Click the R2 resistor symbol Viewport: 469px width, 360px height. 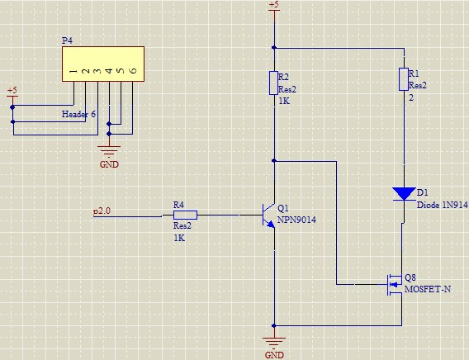click(x=273, y=83)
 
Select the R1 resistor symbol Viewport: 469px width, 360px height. click(x=404, y=79)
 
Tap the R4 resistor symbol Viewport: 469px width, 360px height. click(x=185, y=215)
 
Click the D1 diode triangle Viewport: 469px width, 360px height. click(x=404, y=194)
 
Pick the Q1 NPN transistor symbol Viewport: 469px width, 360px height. click(x=269, y=216)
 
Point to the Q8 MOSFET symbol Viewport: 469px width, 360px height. click(x=395, y=285)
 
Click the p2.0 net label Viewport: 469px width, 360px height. click(x=102, y=211)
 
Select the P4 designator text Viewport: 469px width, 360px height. click(x=67, y=40)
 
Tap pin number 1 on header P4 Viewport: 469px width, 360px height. click(x=73, y=71)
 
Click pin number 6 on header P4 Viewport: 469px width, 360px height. click(x=133, y=70)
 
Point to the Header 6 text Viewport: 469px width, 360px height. click(x=78, y=114)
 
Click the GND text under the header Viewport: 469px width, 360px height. click(x=109, y=164)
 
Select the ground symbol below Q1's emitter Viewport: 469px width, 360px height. click(x=273, y=341)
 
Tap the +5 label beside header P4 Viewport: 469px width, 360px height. click(x=12, y=90)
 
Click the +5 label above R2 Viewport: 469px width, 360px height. click(x=274, y=4)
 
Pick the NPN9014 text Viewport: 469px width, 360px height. click(x=296, y=220)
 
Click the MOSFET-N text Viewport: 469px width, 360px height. click(x=428, y=289)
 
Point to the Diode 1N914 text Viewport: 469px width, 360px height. click(x=442, y=205)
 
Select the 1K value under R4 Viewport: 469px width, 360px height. click(x=179, y=238)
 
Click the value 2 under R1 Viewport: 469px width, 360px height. click(x=411, y=97)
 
